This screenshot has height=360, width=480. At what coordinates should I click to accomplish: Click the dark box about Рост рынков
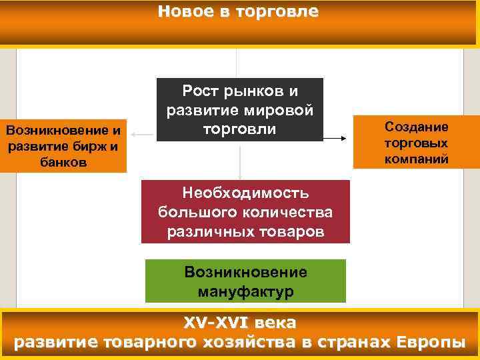pos(239,109)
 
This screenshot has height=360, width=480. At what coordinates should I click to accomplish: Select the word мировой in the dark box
pos(281,109)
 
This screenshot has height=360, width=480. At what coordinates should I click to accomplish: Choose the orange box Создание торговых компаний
pos(416,143)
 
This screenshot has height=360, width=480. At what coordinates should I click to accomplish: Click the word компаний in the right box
pos(416,159)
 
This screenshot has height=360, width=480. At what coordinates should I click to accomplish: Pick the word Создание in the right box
pos(416,127)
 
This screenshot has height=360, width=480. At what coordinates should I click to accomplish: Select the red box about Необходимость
pos(245,212)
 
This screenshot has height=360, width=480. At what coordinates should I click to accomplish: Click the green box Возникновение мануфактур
pos(246,281)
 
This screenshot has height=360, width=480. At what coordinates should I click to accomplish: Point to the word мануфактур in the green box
pos(246,291)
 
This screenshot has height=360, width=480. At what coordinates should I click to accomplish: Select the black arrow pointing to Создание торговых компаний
pos(336,139)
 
